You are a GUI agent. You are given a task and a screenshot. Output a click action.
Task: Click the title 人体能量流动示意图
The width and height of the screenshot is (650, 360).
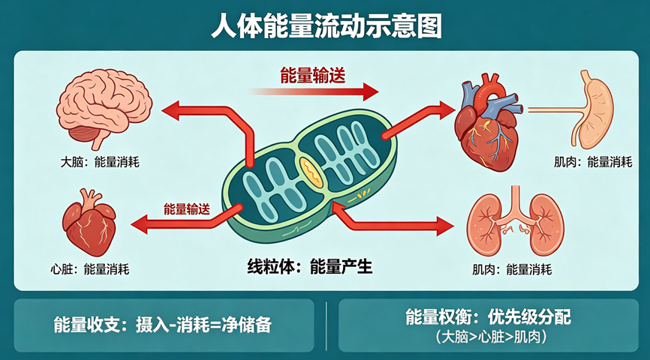pyautogui.click(x=325, y=26)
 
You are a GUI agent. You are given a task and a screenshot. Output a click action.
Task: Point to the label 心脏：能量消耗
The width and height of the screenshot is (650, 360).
pyautogui.click(x=89, y=268)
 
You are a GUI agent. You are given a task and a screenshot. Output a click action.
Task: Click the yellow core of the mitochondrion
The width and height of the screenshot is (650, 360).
pyautogui.click(x=308, y=172)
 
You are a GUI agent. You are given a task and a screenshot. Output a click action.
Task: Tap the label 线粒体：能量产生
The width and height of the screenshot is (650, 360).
pyautogui.click(x=310, y=266)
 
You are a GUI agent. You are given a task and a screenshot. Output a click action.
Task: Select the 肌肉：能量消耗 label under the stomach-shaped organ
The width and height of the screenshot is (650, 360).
pyautogui.click(x=593, y=161)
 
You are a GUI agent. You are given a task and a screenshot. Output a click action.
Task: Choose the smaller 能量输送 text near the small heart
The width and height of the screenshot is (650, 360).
pyautogui.click(x=186, y=209)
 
